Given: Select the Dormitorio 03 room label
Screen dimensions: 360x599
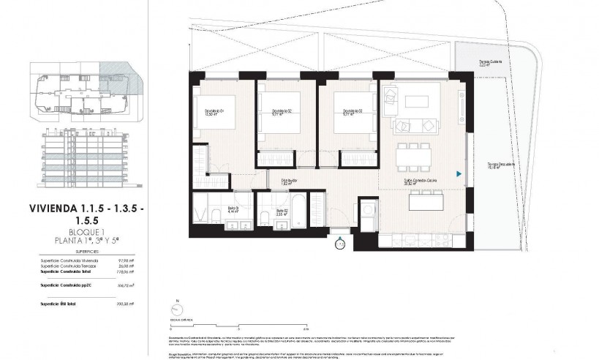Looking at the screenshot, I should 344,112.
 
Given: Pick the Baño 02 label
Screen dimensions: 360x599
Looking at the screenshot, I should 282,212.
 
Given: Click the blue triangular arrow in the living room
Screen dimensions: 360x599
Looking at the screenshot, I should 458,174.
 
